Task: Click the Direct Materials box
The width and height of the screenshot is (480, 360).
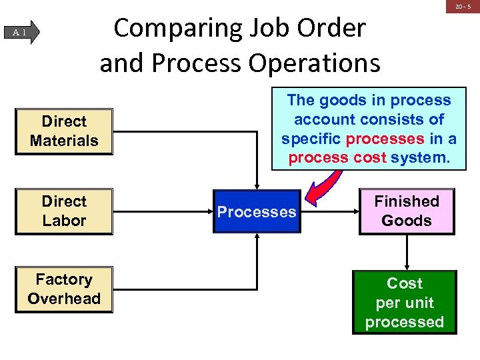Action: point(64,131)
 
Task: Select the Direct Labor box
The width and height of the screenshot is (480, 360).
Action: point(64,211)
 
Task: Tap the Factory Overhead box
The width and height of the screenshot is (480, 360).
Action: point(64,289)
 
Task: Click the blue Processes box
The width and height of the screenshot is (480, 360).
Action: point(257,212)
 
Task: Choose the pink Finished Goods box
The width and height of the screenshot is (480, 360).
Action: point(407,211)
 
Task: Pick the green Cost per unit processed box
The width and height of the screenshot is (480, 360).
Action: point(405,303)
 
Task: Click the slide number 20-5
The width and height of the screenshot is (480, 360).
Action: point(462,7)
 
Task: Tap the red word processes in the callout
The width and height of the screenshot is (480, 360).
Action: point(385,139)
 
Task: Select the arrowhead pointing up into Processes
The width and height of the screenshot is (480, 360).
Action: point(257,237)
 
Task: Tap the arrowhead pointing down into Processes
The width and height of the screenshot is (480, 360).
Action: point(257,187)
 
